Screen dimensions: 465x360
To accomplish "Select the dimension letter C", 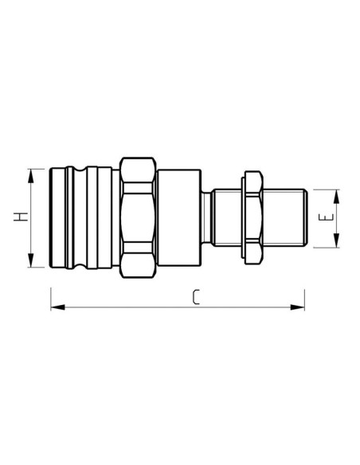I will pos(196,297).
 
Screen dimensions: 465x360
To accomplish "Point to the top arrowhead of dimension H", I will pos(31,172).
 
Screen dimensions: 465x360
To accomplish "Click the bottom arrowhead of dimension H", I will pos(31,263).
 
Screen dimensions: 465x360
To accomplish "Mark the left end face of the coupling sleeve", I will pos(50,217).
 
